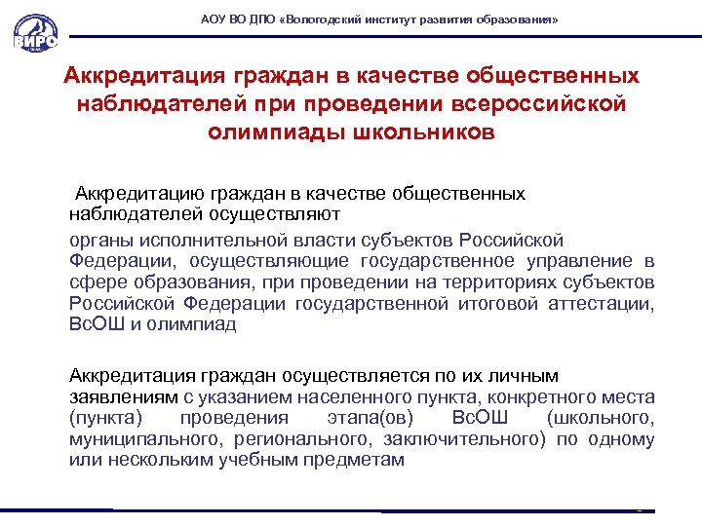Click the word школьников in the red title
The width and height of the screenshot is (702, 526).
point(417,131)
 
